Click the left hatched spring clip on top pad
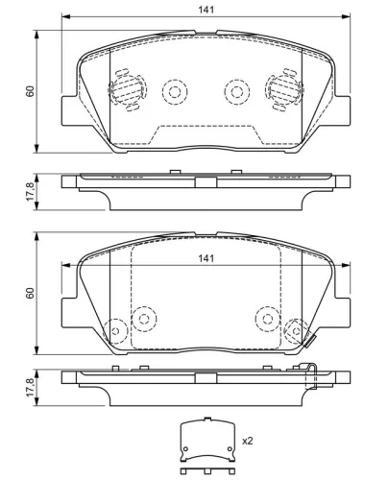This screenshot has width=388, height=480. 126,91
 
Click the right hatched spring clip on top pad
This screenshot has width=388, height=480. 282,91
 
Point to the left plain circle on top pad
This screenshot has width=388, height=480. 174,91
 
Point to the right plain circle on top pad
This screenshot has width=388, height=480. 235,91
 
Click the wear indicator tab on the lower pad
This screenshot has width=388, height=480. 309,338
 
